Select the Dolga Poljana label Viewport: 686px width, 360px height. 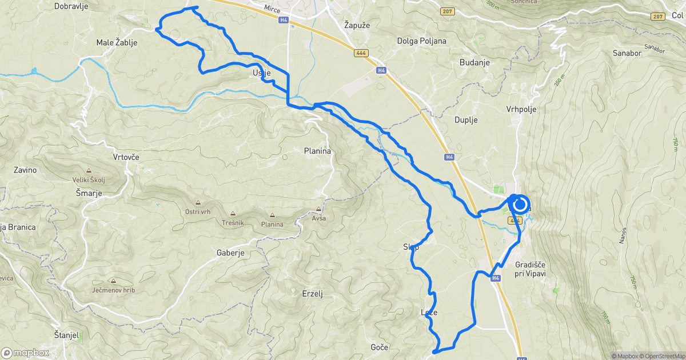[x=422, y=41]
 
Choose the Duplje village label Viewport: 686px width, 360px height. [x=465, y=120]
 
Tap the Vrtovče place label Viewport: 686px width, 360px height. [x=126, y=157]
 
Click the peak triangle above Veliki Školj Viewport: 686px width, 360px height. [x=89, y=170]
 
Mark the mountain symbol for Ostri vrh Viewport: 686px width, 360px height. [x=198, y=202]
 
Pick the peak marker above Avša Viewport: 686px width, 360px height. [x=318, y=209]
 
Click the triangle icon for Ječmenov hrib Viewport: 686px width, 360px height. [x=113, y=281]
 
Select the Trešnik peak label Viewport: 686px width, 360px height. [x=234, y=224]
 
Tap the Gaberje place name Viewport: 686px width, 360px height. [x=230, y=253]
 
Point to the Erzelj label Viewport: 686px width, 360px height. [x=313, y=294]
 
